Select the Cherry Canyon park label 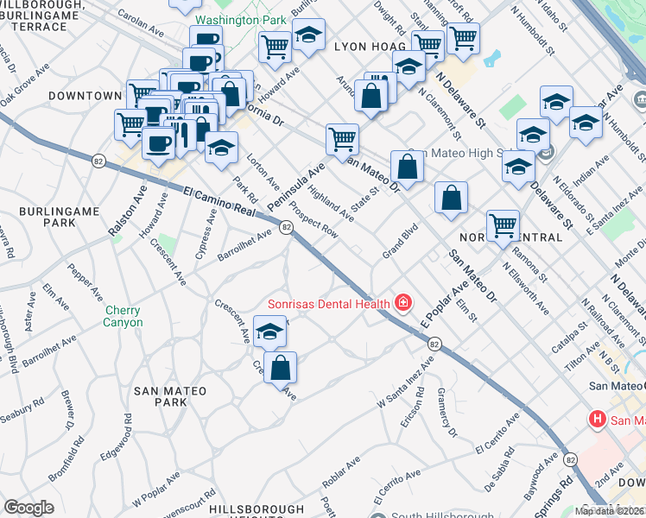pyautogui.click(x=124, y=317)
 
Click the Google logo pyautogui.click(x=28, y=508)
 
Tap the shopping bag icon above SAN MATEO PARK pyautogui.click(x=281, y=368)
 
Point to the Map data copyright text pyautogui.click(x=610, y=511)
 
